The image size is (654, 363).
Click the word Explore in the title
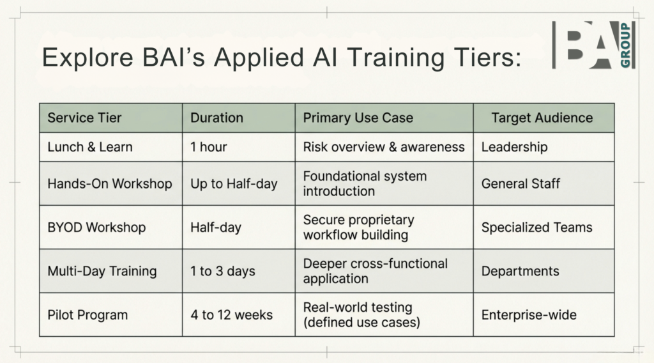pos(87,57)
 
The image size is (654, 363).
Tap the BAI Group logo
pos(593,45)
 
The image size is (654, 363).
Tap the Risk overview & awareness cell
pos(384,147)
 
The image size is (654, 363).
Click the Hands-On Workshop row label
pos(110,183)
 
